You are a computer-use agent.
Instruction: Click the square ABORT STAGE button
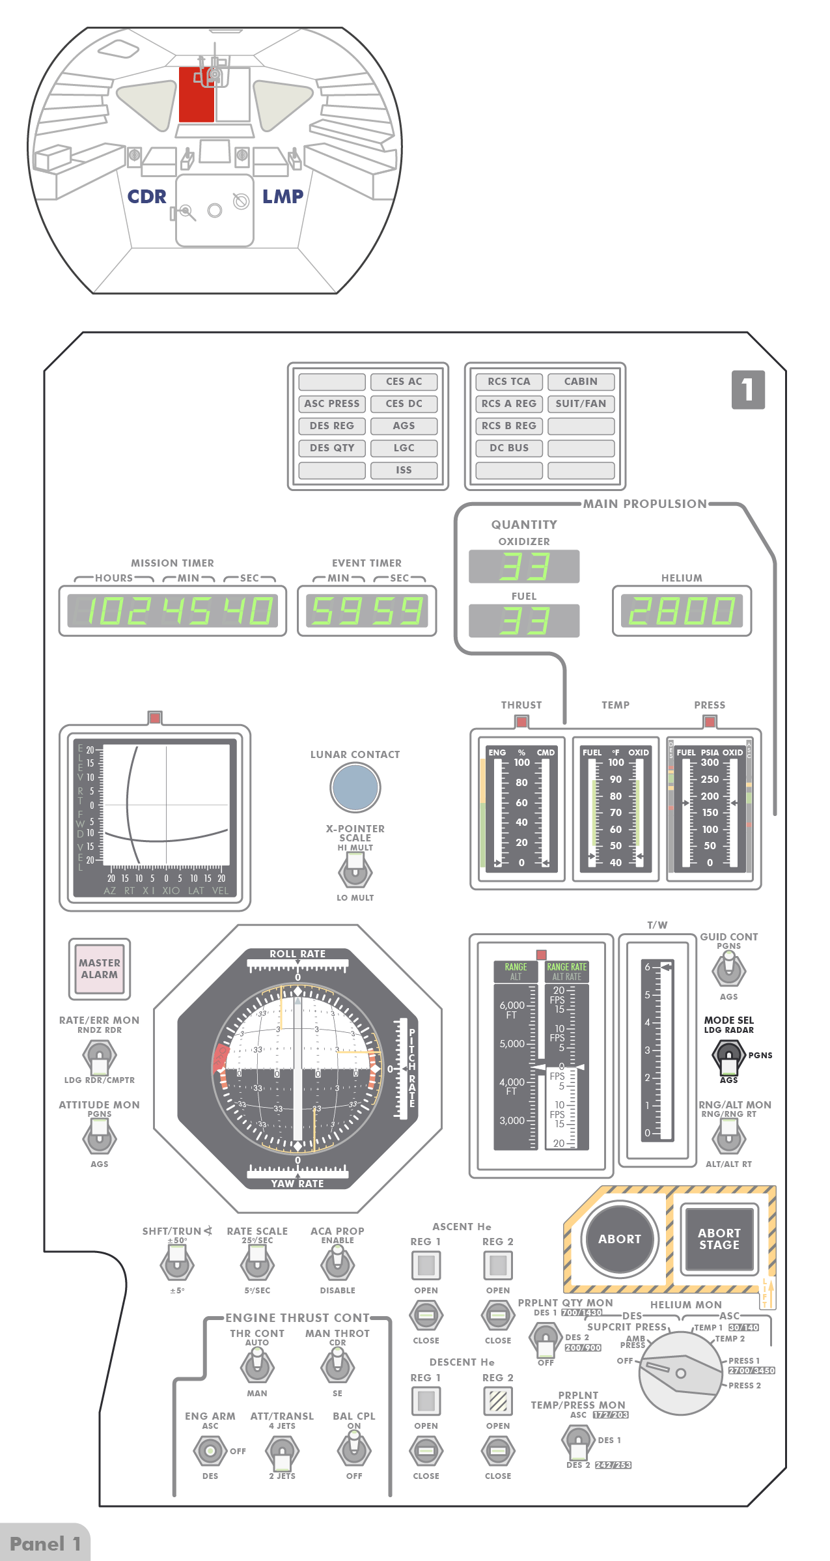[719, 1239]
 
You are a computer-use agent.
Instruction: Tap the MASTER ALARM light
[100, 968]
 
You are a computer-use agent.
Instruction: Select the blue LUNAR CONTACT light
[355, 787]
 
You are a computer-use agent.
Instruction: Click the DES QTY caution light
[332, 448]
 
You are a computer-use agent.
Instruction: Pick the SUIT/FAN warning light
[581, 404]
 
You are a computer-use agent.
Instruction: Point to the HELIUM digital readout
[682, 611]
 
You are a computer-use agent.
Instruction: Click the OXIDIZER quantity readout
[524, 566]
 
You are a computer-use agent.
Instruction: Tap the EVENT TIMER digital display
[367, 611]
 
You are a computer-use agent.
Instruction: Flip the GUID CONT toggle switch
[728, 969]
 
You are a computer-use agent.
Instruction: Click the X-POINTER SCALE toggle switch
[355, 871]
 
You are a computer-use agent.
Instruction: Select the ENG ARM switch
[210, 1450]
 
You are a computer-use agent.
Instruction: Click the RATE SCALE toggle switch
[257, 1264]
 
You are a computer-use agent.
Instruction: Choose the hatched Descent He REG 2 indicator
[498, 1401]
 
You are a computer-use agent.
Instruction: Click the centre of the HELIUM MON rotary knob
[680, 1373]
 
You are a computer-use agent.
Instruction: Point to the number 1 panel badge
[748, 389]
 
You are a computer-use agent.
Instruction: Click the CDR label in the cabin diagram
[146, 197]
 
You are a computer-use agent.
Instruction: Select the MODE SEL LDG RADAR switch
[728, 1056]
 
